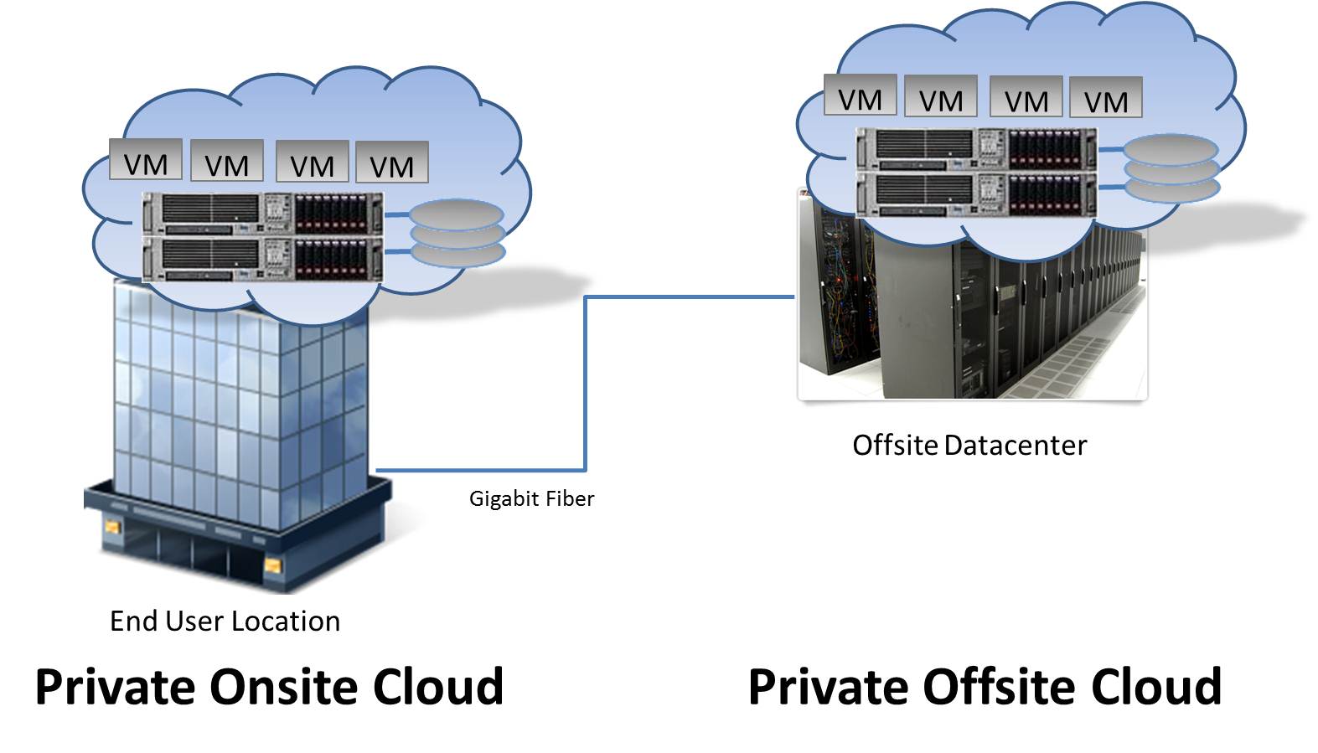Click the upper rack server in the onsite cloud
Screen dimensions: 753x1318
click(x=262, y=213)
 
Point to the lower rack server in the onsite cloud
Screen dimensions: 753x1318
click(x=262, y=259)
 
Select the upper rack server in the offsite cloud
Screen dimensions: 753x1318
click(x=976, y=149)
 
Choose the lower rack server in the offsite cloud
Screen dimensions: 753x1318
click(x=976, y=194)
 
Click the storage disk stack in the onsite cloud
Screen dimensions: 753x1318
click(x=457, y=233)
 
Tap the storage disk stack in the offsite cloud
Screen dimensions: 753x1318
click(x=1171, y=169)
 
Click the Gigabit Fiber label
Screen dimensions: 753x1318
click(x=531, y=499)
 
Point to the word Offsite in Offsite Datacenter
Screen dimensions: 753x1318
click(x=895, y=446)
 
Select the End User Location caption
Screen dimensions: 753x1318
click(x=225, y=621)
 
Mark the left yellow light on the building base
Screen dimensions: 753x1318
click(x=112, y=528)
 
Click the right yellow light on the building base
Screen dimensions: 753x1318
click(x=272, y=567)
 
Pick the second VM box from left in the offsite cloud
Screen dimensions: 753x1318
click(x=941, y=97)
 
